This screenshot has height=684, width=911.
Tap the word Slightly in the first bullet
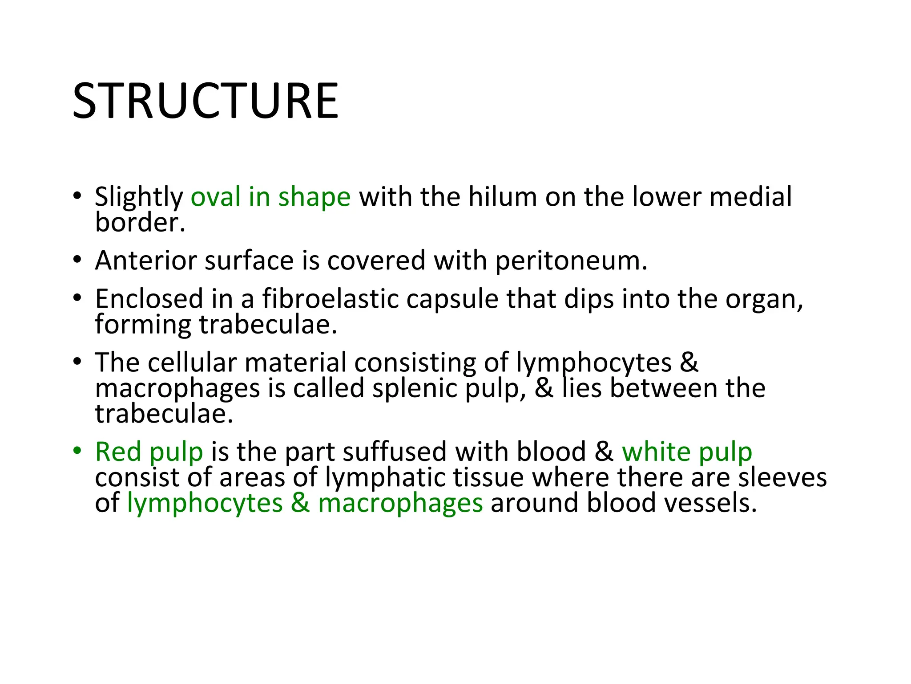pos(139,197)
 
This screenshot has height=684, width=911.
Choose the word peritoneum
pos(571,261)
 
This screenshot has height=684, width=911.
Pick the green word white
pos(656,452)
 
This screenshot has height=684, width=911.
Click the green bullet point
pos(77,451)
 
